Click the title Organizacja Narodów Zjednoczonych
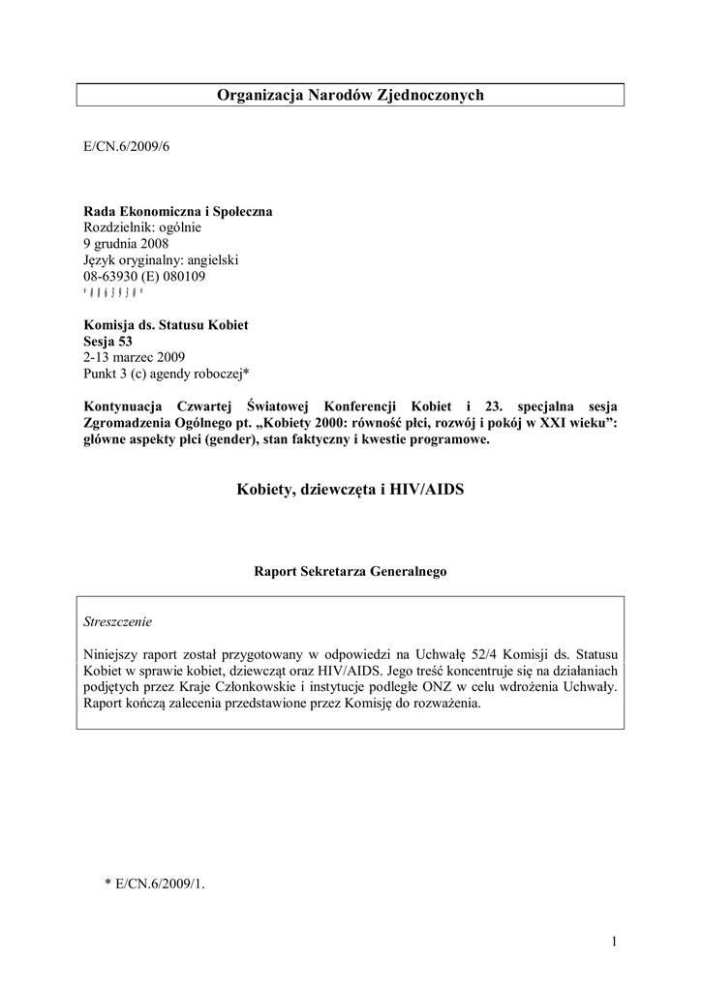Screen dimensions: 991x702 click(350, 94)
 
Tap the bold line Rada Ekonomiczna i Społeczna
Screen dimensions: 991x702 click(178, 212)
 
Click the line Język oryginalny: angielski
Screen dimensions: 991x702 click(161, 260)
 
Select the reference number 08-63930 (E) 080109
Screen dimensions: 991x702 click(144, 276)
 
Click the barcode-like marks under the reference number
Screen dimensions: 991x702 click(113, 292)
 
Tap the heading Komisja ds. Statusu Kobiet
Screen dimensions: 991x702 click(166, 325)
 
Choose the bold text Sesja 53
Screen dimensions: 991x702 click(107, 341)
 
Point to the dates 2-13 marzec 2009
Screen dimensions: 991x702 click(134, 357)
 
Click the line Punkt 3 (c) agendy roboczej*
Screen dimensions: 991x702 click(167, 374)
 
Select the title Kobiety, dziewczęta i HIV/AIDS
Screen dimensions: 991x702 click(350, 491)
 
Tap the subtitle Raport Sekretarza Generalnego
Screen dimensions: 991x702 click(350, 572)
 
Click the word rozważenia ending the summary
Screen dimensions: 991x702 click(444, 704)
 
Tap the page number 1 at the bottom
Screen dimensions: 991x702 click(615, 942)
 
